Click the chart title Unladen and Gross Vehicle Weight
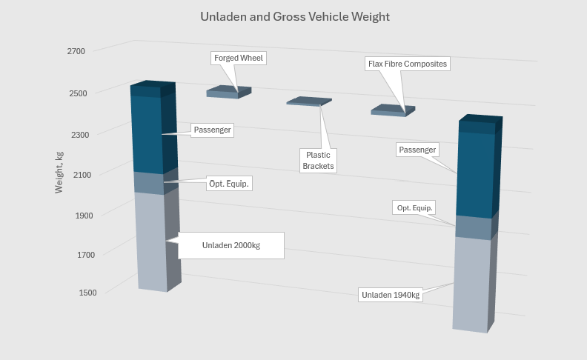point(294,16)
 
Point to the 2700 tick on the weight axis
point(76,51)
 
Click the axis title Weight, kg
point(59,173)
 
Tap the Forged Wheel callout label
point(238,58)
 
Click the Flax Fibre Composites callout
point(408,64)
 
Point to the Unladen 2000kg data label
point(231,245)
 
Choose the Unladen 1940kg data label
point(391,295)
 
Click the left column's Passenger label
point(212,130)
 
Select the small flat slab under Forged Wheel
point(228,92)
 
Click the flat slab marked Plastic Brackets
point(307,101)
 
